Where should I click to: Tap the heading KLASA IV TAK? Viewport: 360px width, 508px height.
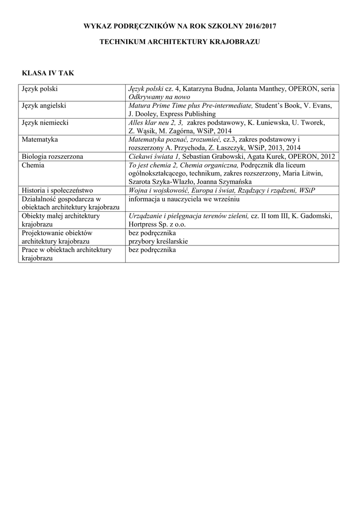(48, 73)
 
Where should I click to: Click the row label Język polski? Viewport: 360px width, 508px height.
(39, 89)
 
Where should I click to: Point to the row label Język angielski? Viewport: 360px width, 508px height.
(44, 106)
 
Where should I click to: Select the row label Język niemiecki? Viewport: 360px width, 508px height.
(45, 123)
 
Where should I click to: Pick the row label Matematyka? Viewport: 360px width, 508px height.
(40, 139)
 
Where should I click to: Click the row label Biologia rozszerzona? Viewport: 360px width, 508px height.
(52, 156)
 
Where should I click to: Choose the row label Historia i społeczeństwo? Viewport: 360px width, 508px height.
(58, 190)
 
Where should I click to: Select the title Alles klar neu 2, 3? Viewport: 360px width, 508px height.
(155, 123)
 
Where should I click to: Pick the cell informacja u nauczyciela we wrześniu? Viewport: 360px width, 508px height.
(184, 199)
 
